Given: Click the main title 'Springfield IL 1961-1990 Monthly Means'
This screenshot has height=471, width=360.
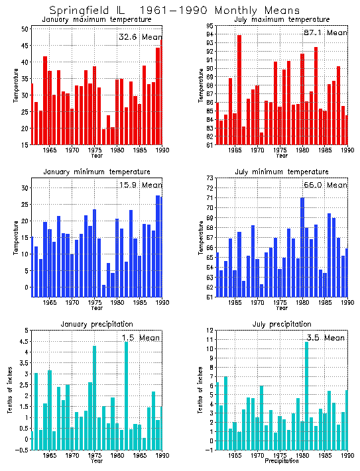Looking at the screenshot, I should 174,10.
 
